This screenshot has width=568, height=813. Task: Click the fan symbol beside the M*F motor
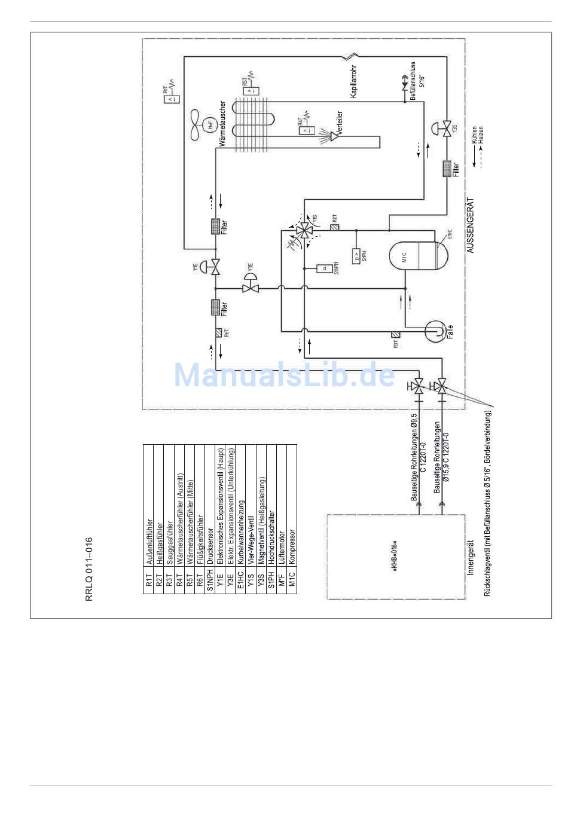(198, 125)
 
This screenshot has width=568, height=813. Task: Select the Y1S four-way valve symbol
(305, 230)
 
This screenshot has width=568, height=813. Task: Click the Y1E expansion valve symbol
(214, 266)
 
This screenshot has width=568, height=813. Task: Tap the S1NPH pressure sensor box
(324, 268)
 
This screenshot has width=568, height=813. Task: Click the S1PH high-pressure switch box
(357, 256)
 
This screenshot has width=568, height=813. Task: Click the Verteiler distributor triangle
(335, 136)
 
